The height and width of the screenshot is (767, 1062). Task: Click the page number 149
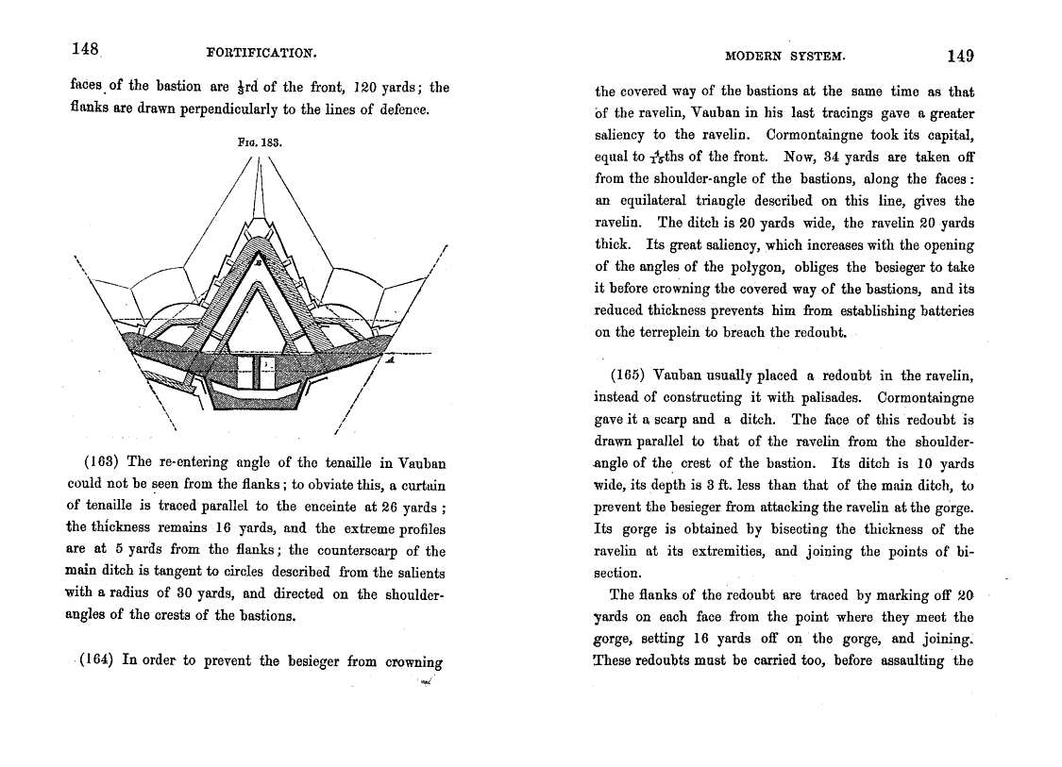[x=960, y=56]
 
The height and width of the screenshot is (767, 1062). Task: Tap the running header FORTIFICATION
[x=261, y=51]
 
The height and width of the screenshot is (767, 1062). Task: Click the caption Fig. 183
[x=261, y=143]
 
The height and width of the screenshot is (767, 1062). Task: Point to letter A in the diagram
[x=390, y=360]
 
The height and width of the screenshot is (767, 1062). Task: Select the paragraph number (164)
[x=99, y=660]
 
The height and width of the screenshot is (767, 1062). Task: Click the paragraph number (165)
[x=628, y=376]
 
